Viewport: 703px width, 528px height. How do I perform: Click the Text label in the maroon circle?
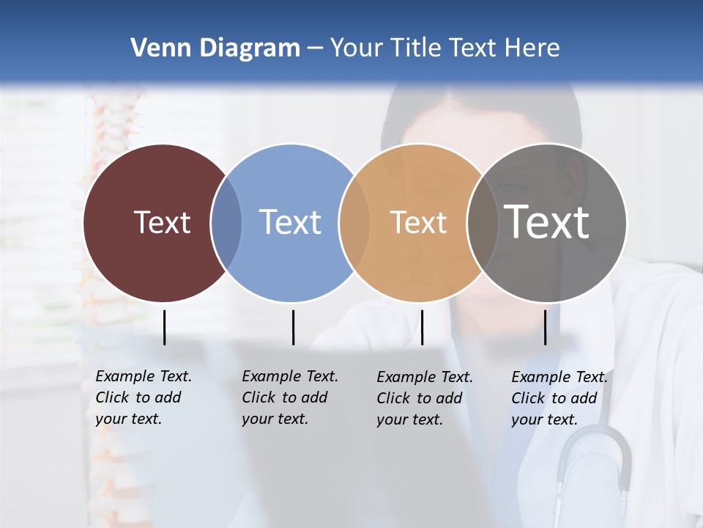[x=162, y=222]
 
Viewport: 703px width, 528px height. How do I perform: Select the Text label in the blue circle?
[x=290, y=222]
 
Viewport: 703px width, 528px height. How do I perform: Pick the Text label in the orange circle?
[x=418, y=222]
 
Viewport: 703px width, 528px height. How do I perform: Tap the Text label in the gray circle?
[x=546, y=222]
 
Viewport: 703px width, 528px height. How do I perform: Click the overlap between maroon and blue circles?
[x=226, y=223]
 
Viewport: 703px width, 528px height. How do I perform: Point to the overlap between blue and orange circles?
[x=354, y=223]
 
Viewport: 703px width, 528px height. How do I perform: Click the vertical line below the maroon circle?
[x=164, y=327]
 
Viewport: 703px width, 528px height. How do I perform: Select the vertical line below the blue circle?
[x=293, y=327]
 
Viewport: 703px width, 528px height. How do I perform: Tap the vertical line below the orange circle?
[x=422, y=327]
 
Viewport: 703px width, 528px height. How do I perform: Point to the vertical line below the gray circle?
[x=545, y=327]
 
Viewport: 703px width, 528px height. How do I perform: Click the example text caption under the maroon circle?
[x=144, y=397]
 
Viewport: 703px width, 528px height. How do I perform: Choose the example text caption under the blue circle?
[x=290, y=397]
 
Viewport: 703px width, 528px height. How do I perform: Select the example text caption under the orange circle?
[x=425, y=398]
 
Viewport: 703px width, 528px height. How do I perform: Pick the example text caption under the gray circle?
[x=559, y=398]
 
